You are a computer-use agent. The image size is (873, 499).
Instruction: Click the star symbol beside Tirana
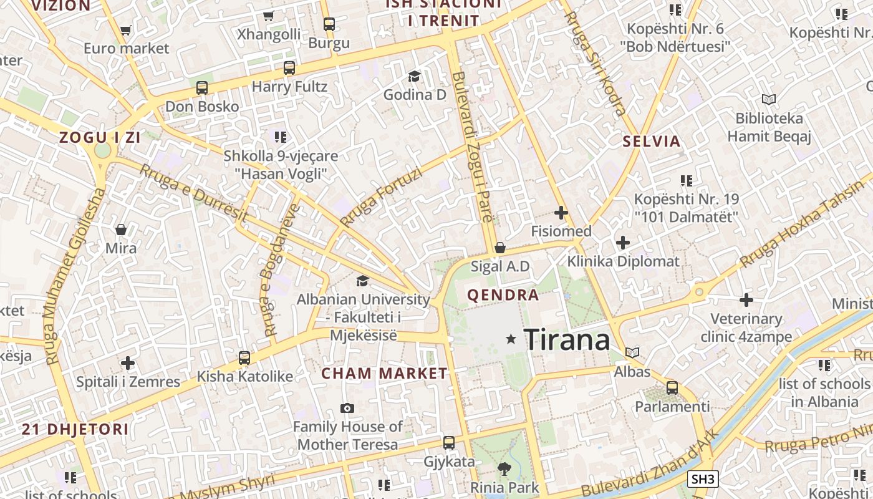[511, 339]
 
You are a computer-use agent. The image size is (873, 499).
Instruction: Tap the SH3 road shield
[703, 479]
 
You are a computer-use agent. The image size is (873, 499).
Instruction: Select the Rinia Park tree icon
[504, 468]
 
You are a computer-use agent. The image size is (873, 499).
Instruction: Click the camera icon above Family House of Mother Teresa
[347, 408]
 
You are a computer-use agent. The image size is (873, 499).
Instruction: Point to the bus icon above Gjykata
[449, 443]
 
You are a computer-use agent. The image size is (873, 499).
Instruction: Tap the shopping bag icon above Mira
[121, 230]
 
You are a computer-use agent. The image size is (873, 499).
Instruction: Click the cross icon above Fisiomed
[561, 213]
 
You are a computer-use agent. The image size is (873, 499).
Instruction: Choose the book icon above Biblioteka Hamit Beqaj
[769, 99]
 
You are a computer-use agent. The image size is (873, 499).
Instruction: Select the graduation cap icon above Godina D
[414, 76]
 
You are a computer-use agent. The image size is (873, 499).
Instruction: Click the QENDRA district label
[503, 295]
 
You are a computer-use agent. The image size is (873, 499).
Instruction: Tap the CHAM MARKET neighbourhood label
[384, 374]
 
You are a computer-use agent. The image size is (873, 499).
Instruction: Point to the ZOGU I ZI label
[100, 138]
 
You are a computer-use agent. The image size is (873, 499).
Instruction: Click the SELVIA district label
[652, 141]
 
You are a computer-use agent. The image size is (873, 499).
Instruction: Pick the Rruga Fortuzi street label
[380, 197]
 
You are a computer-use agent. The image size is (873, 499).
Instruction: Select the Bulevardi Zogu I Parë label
[473, 147]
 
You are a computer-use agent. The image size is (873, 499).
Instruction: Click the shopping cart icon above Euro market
[126, 29]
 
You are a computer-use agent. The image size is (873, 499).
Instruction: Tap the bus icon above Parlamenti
[672, 388]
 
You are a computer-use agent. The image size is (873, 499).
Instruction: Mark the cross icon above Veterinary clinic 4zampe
[746, 300]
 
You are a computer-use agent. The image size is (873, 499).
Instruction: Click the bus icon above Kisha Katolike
[244, 358]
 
